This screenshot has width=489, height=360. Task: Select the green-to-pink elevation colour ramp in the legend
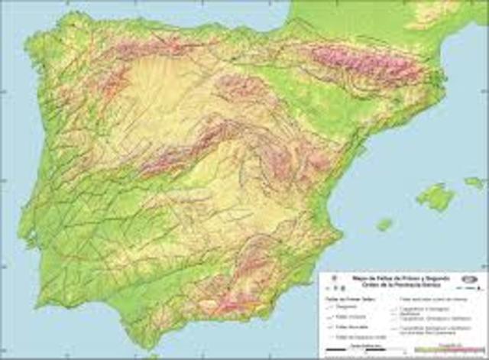point(451,349)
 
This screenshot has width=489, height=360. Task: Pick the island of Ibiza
point(384,225)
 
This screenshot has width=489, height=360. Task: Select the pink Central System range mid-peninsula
point(183,149)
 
